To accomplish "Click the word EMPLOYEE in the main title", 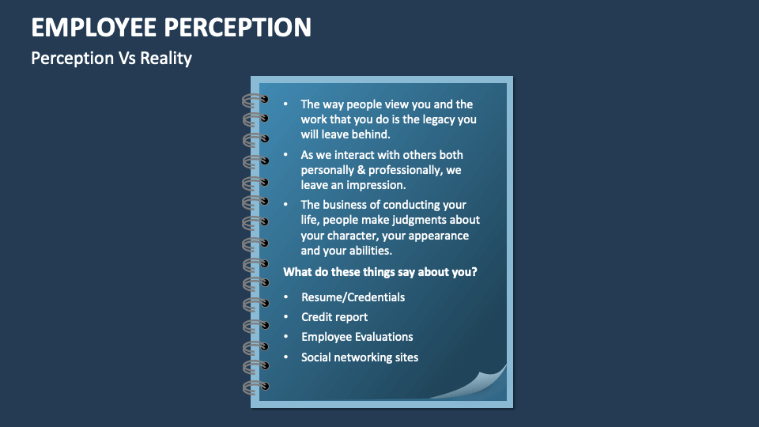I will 94,27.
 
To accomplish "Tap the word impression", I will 376,185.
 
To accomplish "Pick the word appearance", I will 438,236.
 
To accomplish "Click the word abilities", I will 368,251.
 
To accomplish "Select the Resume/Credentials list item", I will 353,297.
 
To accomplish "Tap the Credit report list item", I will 334,317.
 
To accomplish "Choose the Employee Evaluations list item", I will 357,337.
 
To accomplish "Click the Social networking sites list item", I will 360,357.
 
